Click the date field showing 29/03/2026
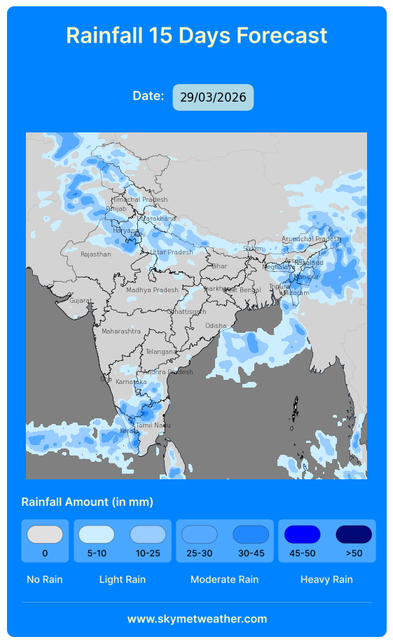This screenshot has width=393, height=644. click(213, 97)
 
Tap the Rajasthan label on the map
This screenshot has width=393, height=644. click(95, 254)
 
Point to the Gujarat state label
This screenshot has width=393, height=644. click(81, 301)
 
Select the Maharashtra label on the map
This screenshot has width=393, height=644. click(121, 331)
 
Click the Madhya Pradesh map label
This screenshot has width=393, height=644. click(152, 290)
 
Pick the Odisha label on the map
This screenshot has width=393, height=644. click(216, 326)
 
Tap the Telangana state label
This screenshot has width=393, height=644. click(162, 352)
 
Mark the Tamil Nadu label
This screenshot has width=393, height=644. click(153, 425)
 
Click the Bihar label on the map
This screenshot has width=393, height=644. click(219, 266)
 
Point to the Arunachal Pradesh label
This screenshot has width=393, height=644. click(310, 239)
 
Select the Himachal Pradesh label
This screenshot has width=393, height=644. click(139, 200)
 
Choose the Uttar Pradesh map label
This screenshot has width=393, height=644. click(171, 252)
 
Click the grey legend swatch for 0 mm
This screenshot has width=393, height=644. click(45, 535)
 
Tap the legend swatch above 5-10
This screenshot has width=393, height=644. click(97, 535)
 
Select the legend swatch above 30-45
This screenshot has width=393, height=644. click(251, 535)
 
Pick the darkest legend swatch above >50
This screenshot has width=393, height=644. click(354, 535)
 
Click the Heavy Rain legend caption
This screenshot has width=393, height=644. click(326, 580)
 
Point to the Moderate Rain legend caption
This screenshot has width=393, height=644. click(224, 580)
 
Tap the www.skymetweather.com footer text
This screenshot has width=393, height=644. click(197, 619)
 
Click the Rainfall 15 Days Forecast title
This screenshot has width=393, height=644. click(197, 36)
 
